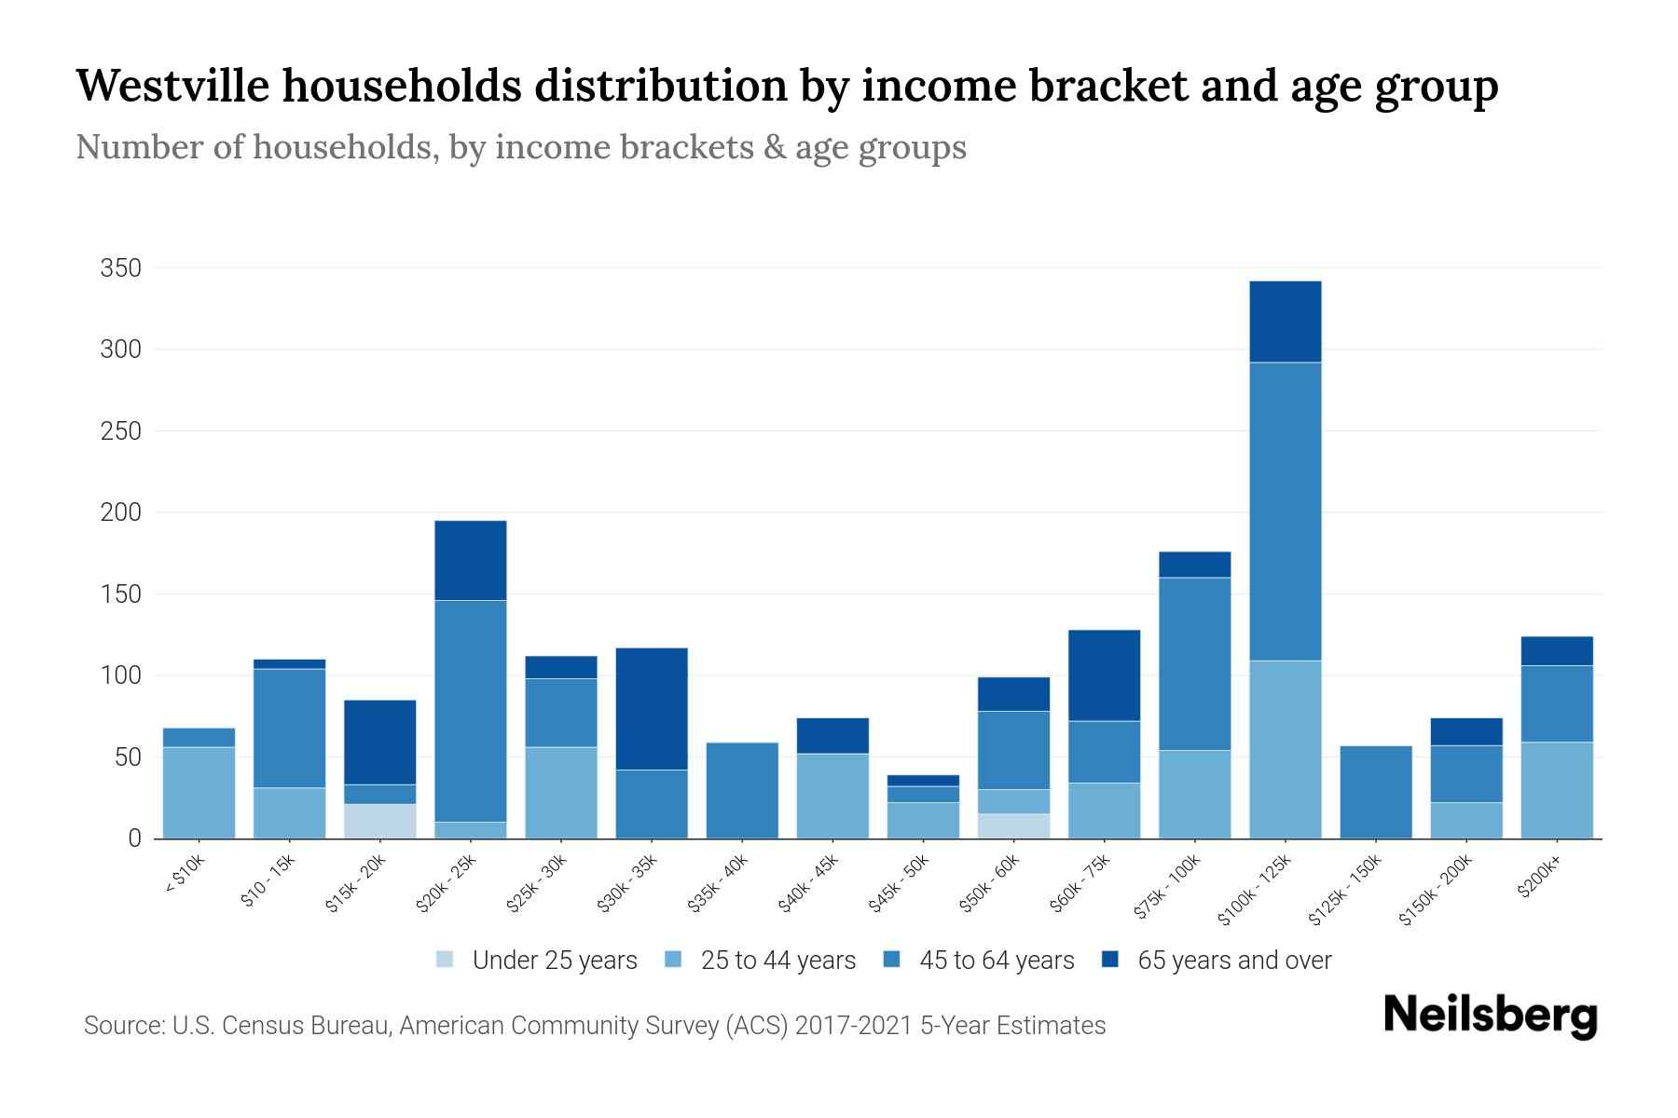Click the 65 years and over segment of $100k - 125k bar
[1285, 321]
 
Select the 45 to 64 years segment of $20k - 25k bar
[471, 711]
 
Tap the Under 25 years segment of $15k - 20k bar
[380, 821]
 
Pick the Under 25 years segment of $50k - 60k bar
[1013, 826]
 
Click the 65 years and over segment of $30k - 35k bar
[652, 708]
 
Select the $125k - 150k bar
[1375, 792]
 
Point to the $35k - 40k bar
[742, 790]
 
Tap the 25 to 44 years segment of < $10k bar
[199, 793]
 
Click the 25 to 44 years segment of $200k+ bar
[1556, 790]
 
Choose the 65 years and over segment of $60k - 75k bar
[1104, 675]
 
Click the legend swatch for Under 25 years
[446, 960]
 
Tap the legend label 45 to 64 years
[997, 961]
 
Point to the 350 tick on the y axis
[120, 268]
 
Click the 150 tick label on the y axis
[120, 594]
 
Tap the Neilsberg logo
[1490, 1016]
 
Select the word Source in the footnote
[122, 1026]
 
